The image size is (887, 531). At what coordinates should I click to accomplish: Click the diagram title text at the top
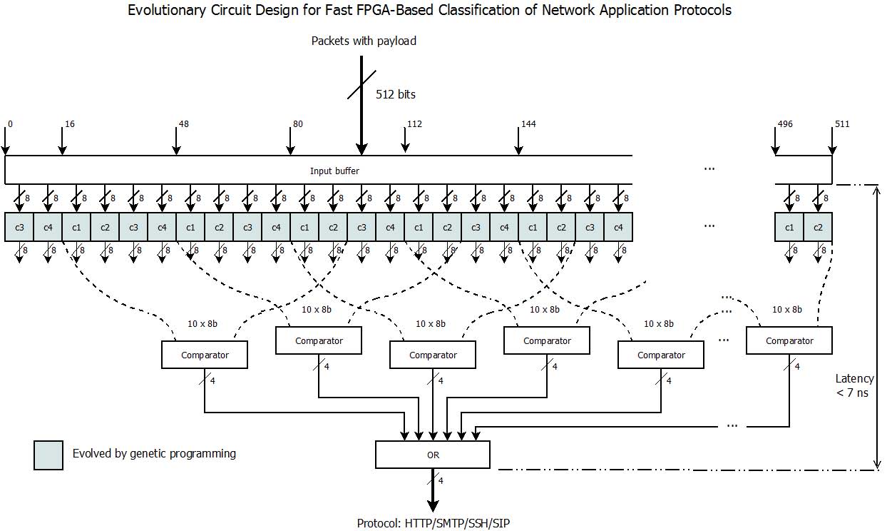coord(429,10)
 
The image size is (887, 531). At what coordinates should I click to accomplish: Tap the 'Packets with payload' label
coord(364,41)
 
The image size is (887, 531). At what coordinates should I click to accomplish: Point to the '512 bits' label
coord(396,94)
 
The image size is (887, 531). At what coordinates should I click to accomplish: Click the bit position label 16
coord(70,124)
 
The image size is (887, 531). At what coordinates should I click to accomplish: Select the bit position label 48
coord(184,124)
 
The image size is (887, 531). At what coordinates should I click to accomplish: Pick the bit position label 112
coord(414,124)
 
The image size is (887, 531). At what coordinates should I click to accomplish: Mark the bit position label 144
coord(528,124)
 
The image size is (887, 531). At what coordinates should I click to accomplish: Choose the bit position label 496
coord(784,124)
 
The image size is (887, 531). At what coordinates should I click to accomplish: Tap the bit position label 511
coord(842,124)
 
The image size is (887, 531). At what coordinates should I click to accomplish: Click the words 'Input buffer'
coord(334,171)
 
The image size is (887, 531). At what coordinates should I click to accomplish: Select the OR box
coord(433,455)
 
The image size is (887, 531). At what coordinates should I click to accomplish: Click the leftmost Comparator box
coord(205,355)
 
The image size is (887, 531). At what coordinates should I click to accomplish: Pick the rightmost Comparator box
coord(789,340)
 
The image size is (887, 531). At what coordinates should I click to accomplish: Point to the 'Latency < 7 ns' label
coord(854,385)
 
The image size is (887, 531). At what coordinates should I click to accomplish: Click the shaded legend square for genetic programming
coord(48,455)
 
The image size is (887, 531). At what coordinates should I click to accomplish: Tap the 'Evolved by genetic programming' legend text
coord(154,453)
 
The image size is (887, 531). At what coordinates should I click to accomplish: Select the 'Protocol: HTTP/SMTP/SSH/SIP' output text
coord(433,523)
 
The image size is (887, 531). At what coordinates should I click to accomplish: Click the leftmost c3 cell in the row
coord(19,227)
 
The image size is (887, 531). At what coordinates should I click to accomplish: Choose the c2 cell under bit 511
coord(818,227)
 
